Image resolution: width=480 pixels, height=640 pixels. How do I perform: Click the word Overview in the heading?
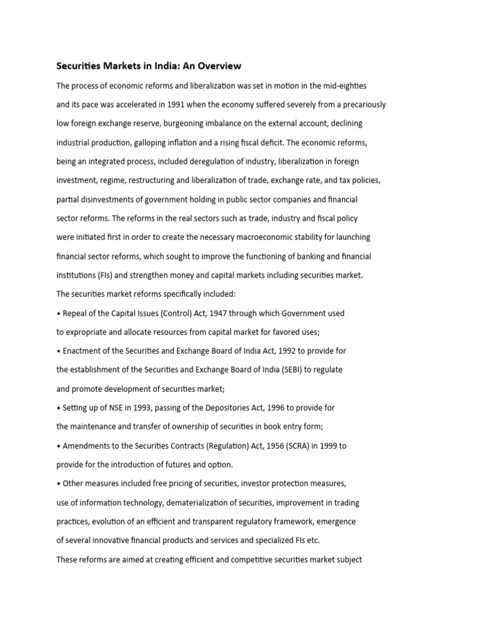(218, 65)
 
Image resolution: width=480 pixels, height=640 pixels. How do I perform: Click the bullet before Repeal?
(58, 312)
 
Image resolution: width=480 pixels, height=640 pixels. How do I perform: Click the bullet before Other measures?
(58, 483)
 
